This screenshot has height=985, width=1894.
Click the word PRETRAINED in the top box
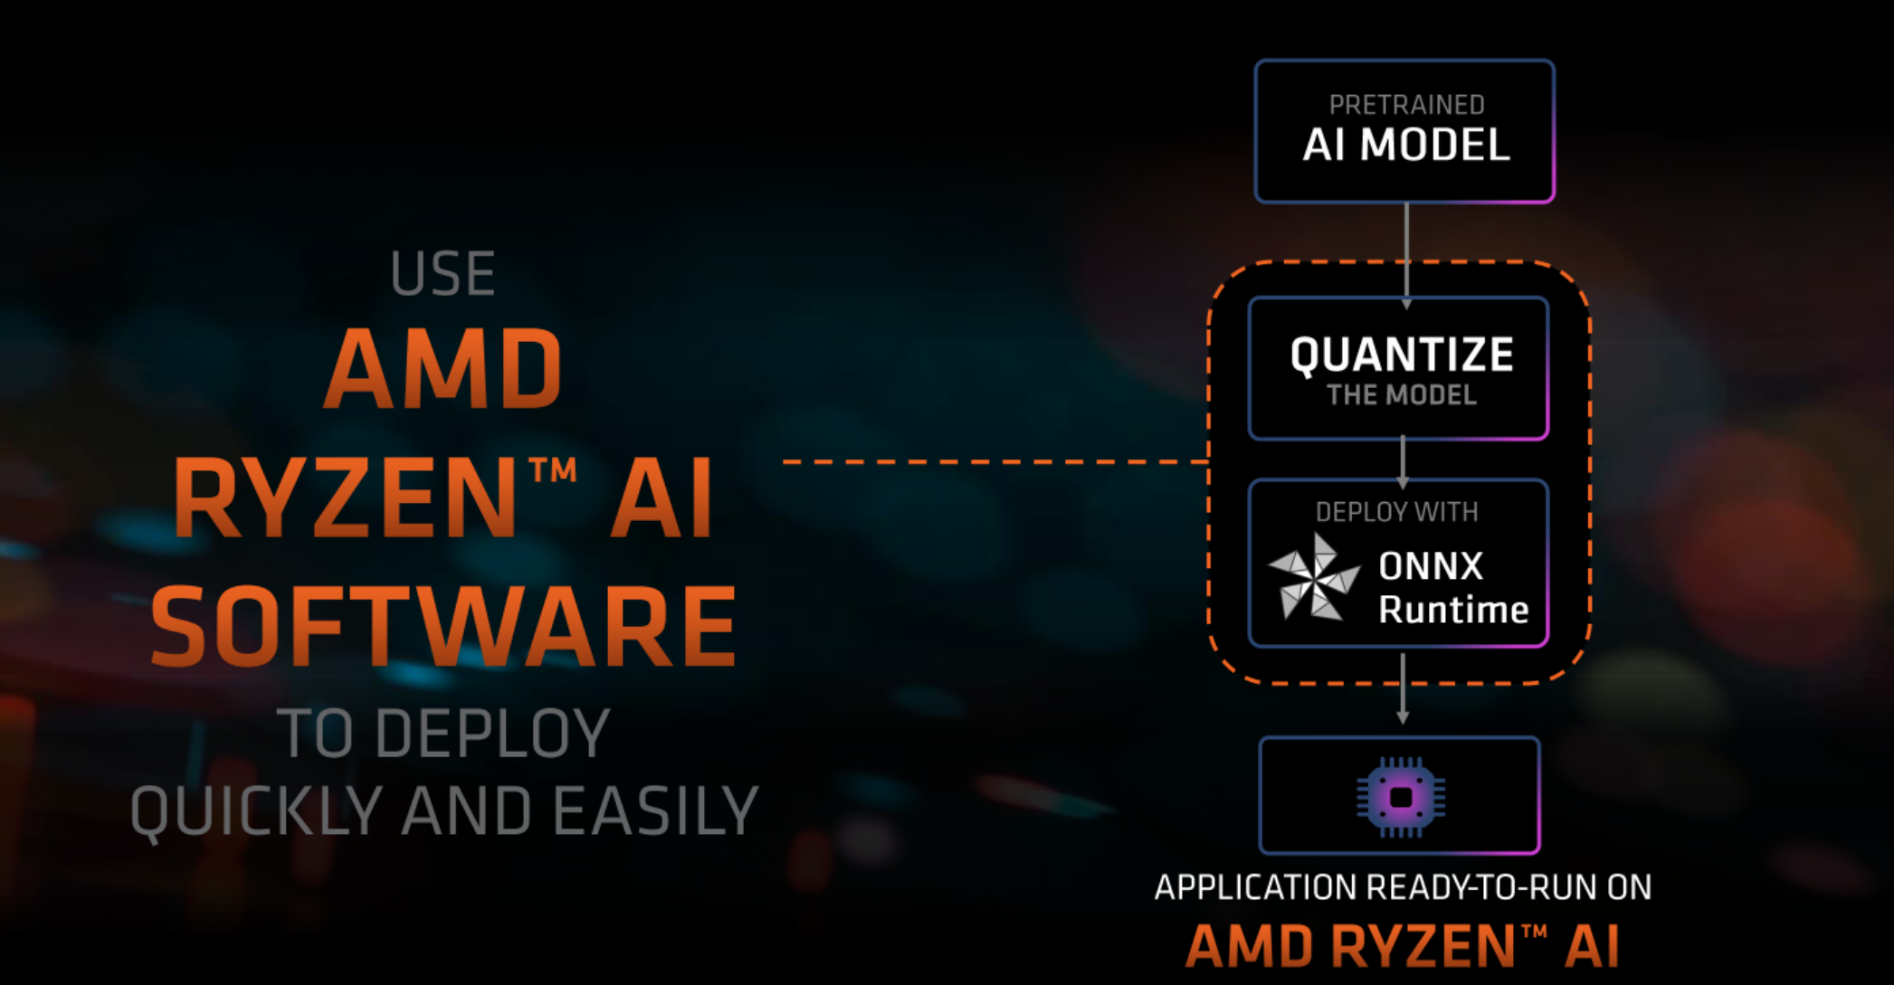1406,105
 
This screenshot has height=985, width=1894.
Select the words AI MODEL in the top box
1406,146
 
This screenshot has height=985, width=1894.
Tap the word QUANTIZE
1402,355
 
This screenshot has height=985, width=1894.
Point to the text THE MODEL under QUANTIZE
1402,395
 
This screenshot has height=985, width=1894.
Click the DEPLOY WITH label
1396,512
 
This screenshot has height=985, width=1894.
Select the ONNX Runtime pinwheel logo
1313,577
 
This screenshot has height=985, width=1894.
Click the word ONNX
1431,567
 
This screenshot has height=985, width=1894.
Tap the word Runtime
1453,611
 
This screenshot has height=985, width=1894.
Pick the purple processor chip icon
1401,797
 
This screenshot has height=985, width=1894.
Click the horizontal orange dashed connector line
995,462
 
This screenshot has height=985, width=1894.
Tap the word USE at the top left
443,274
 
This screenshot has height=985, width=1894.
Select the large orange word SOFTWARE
443,626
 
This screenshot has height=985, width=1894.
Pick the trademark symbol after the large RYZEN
553,470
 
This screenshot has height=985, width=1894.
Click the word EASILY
655,810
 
